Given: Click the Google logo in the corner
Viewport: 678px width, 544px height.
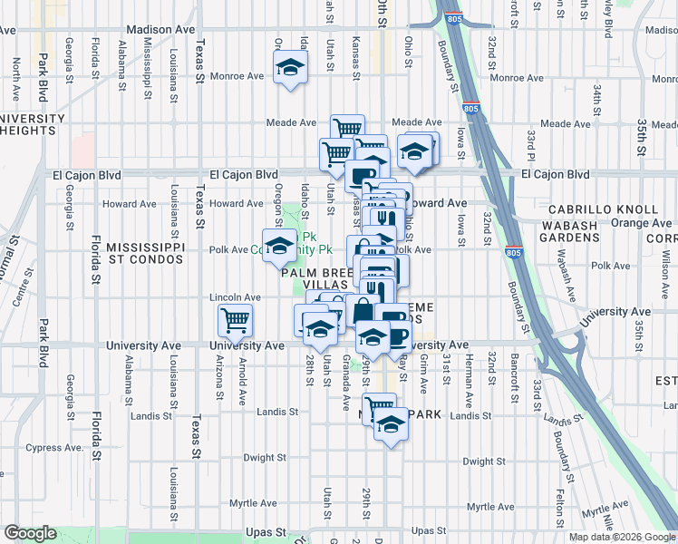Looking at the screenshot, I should click(30, 533).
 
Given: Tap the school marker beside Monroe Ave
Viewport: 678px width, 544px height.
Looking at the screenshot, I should click(290, 69).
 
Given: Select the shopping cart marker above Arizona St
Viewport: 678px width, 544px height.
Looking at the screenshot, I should click(235, 319).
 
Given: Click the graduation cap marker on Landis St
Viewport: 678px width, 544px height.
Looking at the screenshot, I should click(390, 425).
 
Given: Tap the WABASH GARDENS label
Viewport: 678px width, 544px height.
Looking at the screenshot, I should click(570, 230).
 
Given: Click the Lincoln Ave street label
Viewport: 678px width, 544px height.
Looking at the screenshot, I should click(235, 296).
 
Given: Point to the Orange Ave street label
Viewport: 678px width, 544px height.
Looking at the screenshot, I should click(641, 222).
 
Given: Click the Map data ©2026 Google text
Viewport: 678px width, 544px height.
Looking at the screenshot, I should click(621, 537).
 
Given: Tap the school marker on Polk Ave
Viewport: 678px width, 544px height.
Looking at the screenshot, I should click(280, 245).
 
